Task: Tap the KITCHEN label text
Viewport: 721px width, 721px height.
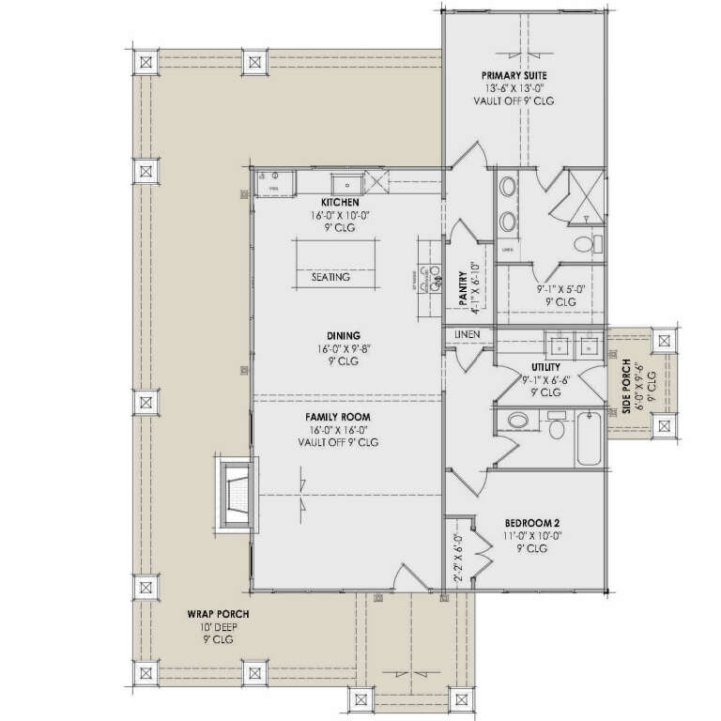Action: tap(340, 202)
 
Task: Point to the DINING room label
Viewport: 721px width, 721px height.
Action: tap(345, 335)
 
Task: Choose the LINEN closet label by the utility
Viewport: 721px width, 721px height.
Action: tap(468, 334)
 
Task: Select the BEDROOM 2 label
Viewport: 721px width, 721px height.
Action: tap(532, 523)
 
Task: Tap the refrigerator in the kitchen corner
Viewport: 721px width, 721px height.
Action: tap(274, 180)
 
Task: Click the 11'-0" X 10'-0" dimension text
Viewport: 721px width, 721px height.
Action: tap(532, 536)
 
